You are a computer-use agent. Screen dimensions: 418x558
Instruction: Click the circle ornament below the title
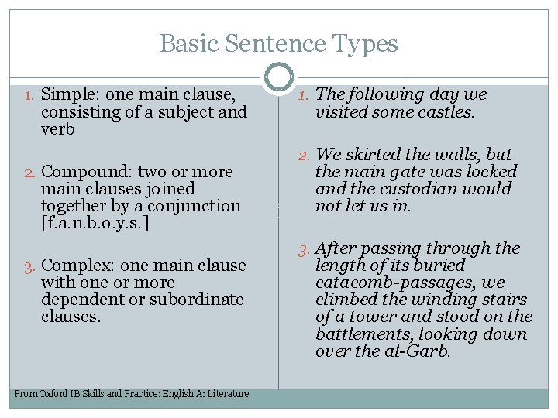tap(279, 77)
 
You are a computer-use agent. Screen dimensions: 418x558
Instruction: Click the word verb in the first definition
tap(58, 129)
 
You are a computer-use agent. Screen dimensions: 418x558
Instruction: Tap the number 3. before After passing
tap(305, 249)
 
